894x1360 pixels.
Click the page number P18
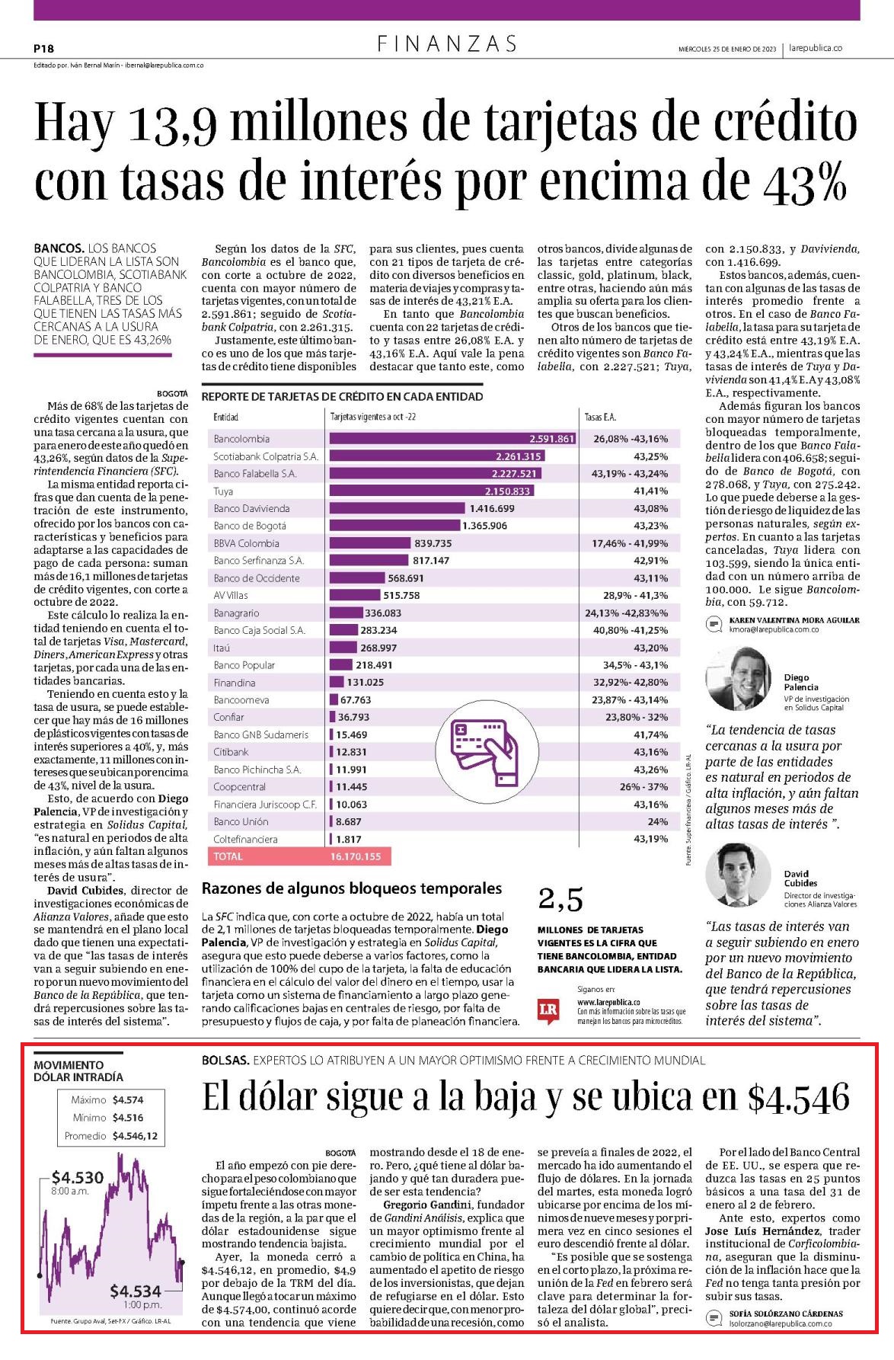(43, 48)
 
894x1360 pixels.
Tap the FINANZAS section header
(447, 44)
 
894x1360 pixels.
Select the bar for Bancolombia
(452, 439)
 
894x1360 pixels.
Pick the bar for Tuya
(430, 491)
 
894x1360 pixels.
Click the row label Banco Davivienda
(251, 508)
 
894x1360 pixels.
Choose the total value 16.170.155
(356, 856)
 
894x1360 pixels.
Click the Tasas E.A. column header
(600, 417)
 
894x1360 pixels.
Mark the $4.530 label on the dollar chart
(78, 1177)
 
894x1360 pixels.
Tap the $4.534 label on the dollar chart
(136, 1291)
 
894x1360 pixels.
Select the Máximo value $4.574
(127, 1100)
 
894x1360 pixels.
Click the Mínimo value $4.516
(127, 1118)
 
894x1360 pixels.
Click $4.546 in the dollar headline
(798, 1098)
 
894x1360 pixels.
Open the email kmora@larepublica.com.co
(774, 630)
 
